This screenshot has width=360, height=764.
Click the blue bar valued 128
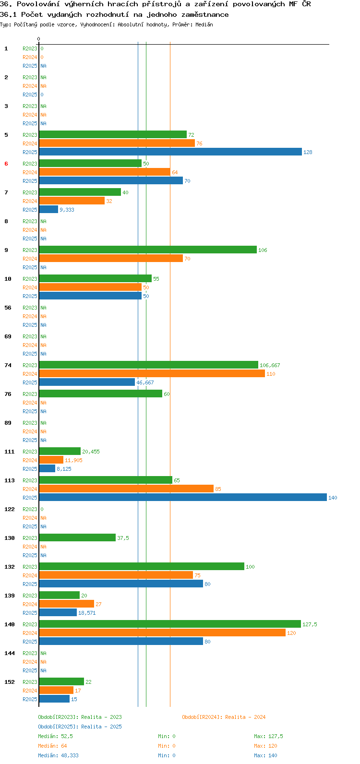[x=170, y=152]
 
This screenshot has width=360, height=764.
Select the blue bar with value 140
[x=183, y=497]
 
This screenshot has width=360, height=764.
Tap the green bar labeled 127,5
[x=170, y=624]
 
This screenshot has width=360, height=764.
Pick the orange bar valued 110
[x=152, y=373]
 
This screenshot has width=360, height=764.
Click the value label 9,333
[x=67, y=210]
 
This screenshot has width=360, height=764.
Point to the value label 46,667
[x=145, y=382]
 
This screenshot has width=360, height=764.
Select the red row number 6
[x=6, y=164]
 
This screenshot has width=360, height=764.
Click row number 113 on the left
[x=10, y=480]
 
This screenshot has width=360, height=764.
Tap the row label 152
[x=10, y=682]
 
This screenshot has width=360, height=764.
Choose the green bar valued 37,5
[x=77, y=537]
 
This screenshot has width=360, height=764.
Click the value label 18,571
[x=87, y=613]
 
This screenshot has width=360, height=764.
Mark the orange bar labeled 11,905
[x=51, y=460]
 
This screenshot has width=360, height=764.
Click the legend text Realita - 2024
[x=245, y=717]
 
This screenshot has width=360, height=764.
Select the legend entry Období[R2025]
[x=58, y=727]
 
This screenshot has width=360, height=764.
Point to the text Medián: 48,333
[x=59, y=755]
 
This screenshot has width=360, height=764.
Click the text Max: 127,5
[x=268, y=736]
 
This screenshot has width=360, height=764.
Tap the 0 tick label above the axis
[x=38, y=39]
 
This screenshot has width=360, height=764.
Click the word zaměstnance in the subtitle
[x=205, y=15]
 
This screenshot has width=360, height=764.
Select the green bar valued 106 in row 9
[x=148, y=250]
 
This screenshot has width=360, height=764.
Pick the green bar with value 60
[x=101, y=394]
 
